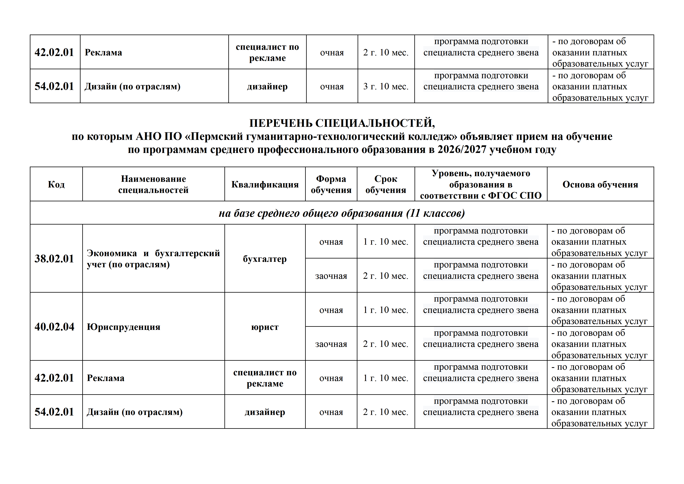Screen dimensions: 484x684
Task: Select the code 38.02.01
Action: click(54, 259)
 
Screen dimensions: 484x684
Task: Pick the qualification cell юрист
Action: click(265, 327)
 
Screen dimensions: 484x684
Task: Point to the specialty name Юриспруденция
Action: click(123, 327)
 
